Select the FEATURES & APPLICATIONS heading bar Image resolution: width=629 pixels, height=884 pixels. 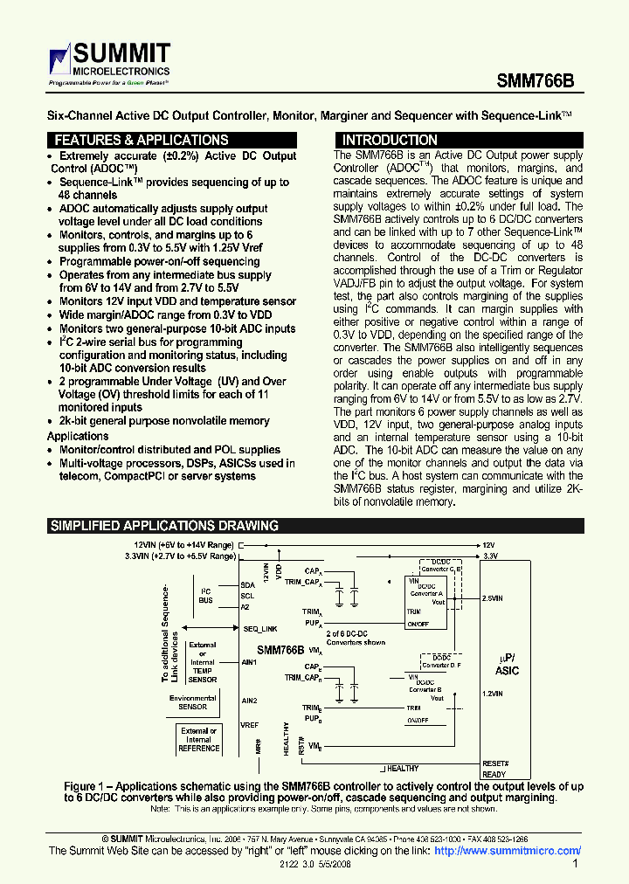[142, 140]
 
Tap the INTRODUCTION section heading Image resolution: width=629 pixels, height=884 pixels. [390, 140]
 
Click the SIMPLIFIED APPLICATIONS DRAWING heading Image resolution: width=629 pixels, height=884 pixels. [164, 526]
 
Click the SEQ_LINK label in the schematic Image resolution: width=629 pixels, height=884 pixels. [259, 629]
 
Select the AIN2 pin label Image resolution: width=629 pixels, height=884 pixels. [250, 701]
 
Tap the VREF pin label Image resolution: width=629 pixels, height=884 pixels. [250, 725]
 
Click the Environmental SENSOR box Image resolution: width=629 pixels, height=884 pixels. [193, 702]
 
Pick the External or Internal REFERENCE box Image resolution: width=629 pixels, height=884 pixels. [199, 739]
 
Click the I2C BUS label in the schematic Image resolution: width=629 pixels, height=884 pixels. [206, 596]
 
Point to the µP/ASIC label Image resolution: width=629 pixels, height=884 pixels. [507, 665]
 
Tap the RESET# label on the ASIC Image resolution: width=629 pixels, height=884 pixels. [495, 763]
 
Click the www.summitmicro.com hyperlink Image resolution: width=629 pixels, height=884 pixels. [508, 851]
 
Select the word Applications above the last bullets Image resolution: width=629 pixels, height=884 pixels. [78, 436]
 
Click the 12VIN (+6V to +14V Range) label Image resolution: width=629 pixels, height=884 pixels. [178, 544]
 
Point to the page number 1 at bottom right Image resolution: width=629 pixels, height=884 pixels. [575, 864]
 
